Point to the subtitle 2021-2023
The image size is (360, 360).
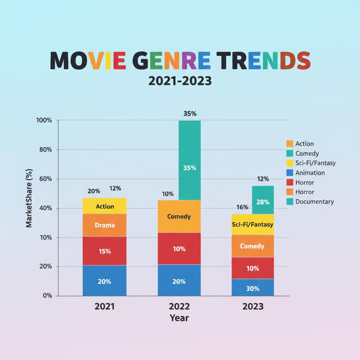coord(180,81)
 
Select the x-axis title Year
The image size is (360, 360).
coord(179,318)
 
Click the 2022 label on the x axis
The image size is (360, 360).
coord(179,307)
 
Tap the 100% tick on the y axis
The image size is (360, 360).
coord(44,120)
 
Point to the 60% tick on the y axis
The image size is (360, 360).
coord(45,179)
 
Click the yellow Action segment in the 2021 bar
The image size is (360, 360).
coord(105,206)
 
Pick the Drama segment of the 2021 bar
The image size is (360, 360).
coord(105,225)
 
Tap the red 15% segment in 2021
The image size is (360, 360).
coord(105,251)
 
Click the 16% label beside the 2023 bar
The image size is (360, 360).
coord(243,207)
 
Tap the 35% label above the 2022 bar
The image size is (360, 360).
coord(190,114)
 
